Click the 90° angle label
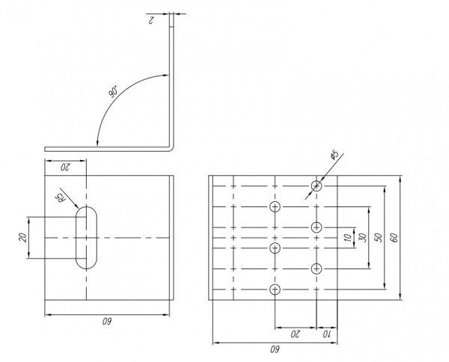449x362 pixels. (x=113, y=92)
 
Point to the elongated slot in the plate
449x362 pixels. (x=87, y=237)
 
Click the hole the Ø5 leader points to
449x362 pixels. (x=317, y=185)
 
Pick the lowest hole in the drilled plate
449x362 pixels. (x=275, y=289)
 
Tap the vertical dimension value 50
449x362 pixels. (x=379, y=237)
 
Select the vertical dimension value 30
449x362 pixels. (x=363, y=237)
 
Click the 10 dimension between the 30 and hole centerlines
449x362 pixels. (x=346, y=237)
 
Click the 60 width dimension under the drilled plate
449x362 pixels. (x=273, y=348)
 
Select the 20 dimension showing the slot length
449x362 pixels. (x=23, y=237)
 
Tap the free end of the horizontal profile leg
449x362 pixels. (x=46, y=148)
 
